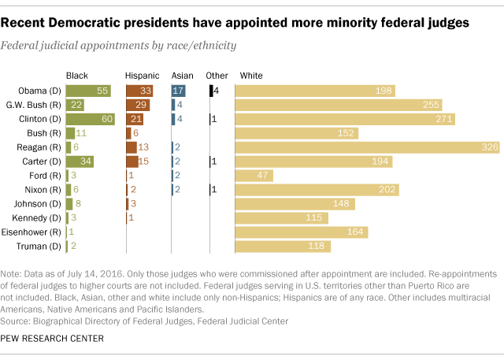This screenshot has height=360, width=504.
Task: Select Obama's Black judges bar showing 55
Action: [x=88, y=91]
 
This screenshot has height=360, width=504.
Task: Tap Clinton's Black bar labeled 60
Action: [x=91, y=119]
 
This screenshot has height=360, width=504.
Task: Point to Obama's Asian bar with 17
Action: [x=179, y=91]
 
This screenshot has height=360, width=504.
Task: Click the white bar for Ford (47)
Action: [x=254, y=176]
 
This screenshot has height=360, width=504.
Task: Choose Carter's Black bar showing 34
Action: [x=80, y=161]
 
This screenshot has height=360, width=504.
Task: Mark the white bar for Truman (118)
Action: [x=283, y=247]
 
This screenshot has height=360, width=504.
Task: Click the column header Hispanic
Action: [x=142, y=75]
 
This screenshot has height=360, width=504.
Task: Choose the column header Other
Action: [x=217, y=75]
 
